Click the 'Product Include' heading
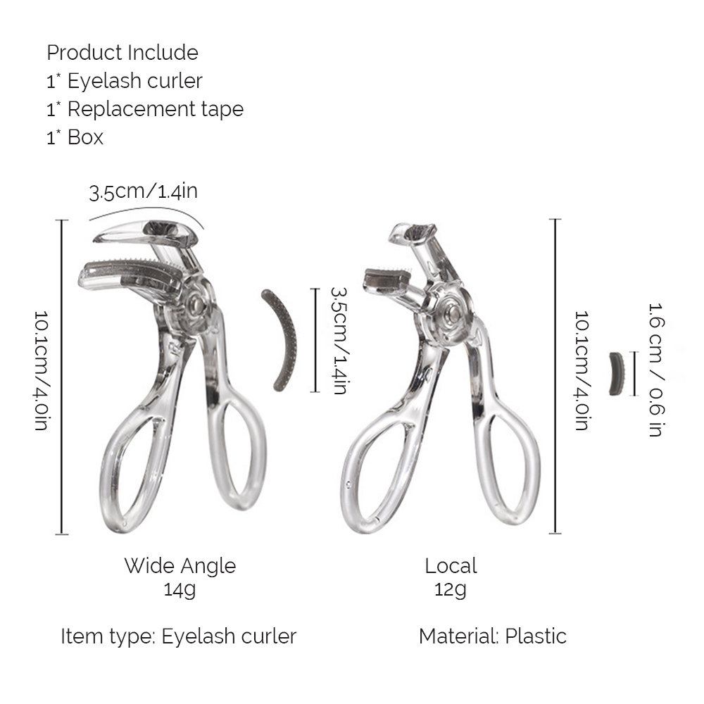122,53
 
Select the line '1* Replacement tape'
145,109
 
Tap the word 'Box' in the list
85,137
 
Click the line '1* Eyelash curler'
125,81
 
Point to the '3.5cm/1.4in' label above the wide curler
143,191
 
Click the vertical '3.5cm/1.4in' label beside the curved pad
339,341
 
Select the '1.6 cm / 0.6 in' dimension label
656,370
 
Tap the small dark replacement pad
617,374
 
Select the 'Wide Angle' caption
180,566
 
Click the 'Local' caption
451,566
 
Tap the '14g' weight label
180,589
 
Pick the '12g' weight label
451,589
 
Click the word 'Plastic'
536,636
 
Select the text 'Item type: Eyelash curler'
179,636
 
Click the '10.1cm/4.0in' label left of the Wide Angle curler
42,370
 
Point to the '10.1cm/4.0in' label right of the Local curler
582,370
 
